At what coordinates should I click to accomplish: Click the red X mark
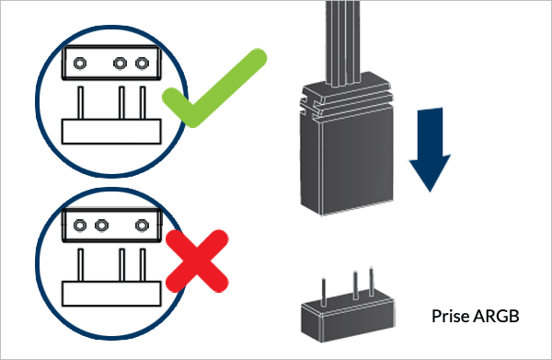point(197,261)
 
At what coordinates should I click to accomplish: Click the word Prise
point(452,316)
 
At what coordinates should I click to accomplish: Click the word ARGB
point(497,316)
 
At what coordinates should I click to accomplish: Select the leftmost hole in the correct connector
point(80,64)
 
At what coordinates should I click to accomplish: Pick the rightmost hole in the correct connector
point(142,64)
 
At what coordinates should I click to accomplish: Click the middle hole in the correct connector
point(120,64)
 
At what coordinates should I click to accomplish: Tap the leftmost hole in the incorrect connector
point(80,225)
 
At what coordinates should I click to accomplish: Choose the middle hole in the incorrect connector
point(102,225)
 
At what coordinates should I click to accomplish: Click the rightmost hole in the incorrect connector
point(142,225)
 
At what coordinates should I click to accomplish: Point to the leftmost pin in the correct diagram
point(81,103)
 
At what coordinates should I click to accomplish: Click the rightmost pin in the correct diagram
point(143,103)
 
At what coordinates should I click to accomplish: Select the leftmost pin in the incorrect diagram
point(81,265)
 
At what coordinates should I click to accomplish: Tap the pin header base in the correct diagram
point(111,132)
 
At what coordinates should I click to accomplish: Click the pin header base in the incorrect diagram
point(111,294)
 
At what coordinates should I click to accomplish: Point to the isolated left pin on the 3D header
point(324,293)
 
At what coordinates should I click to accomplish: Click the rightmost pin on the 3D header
point(372,282)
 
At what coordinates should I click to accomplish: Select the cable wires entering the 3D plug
point(343,42)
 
